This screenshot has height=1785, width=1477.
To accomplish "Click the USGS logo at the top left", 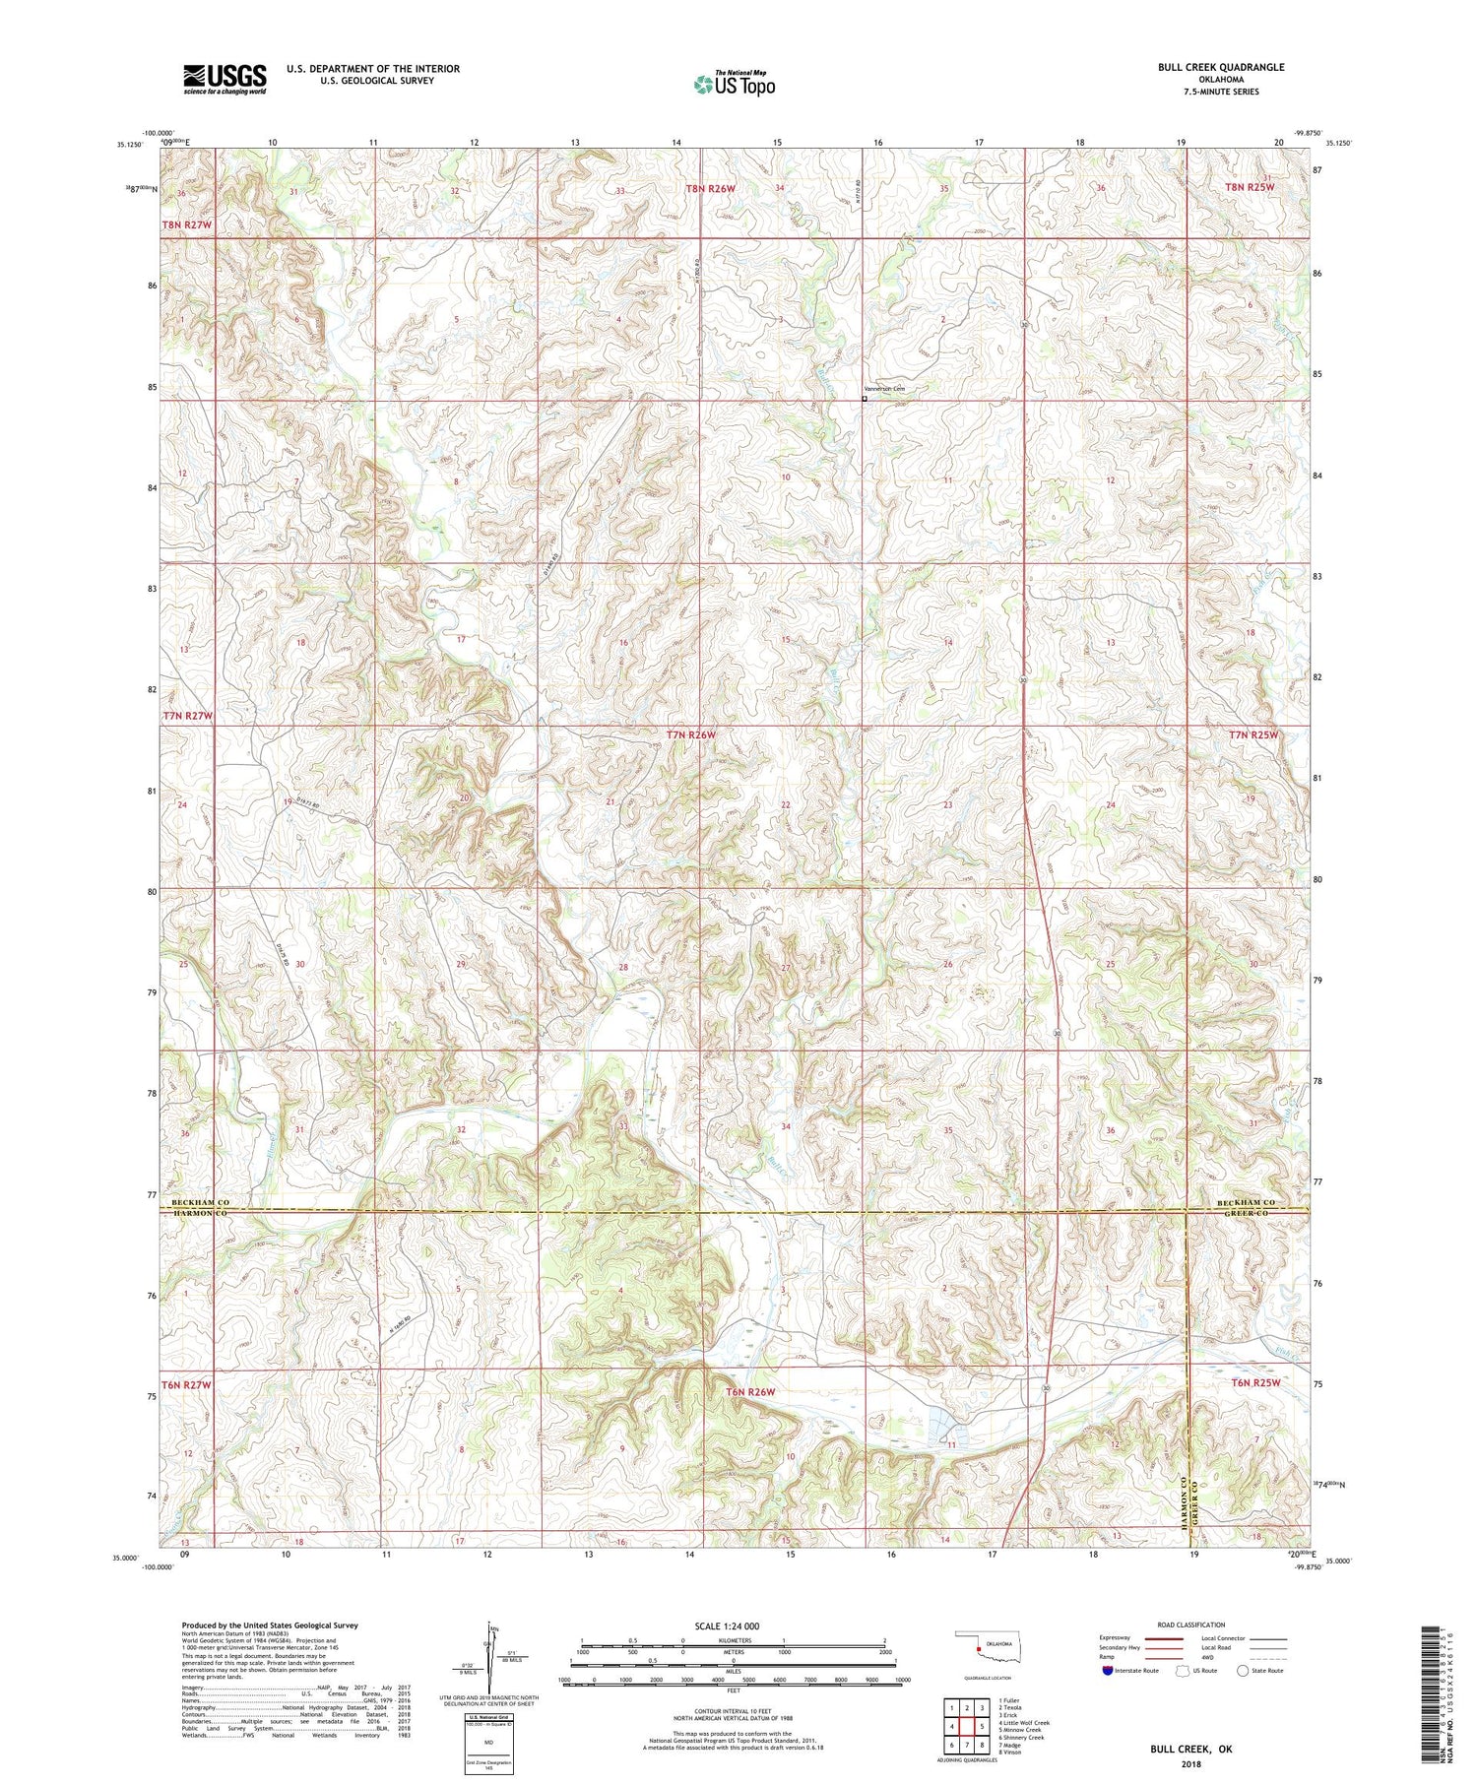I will (x=225, y=79).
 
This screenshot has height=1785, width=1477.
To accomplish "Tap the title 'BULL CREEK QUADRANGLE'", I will (x=1221, y=67).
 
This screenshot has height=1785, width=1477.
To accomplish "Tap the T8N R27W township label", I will (x=187, y=225).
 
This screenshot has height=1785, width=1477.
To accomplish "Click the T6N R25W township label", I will (x=1252, y=1382).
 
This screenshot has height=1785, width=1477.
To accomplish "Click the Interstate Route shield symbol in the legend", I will (x=1107, y=1671).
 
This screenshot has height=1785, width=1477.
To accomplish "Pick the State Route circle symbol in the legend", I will (x=1242, y=1671).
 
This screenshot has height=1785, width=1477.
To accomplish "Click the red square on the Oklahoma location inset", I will (x=976, y=1645).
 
